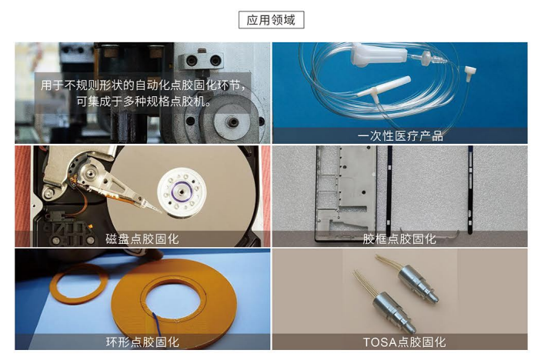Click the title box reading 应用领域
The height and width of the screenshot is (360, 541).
click(271, 20)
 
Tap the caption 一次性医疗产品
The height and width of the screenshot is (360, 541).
click(400, 136)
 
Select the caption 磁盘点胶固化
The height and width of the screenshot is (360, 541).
click(142, 238)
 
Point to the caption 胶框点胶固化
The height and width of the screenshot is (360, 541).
click(399, 238)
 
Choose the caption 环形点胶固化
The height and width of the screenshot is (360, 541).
click(142, 342)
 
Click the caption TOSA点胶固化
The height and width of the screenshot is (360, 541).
click(404, 342)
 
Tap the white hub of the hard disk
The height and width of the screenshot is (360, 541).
click(182, 192)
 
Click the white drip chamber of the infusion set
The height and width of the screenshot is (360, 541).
click(379, 55)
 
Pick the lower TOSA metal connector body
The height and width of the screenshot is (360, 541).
click(392, 311)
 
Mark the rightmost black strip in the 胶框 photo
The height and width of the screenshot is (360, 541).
click(470, 190)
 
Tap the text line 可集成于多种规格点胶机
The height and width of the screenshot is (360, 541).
click(143, 102)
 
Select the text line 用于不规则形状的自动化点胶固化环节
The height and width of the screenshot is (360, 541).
click(143, 85)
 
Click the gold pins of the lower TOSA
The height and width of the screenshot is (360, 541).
click(365, 282)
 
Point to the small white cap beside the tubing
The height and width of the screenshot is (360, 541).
click(470, 72)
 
